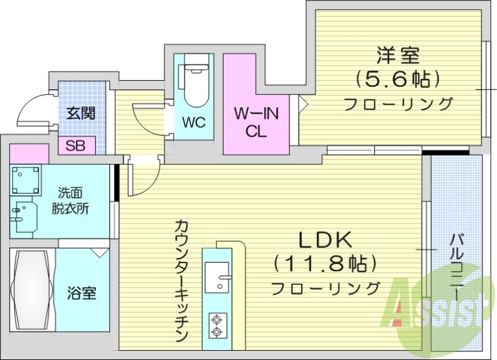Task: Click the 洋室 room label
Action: point(398,56)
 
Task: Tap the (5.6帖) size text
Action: point(398,79)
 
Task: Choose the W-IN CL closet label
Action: point(256,122)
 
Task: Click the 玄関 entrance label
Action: point(81,114)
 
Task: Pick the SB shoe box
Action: point(76,146)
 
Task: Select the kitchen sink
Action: point(217,276)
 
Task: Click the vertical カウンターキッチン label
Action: point(181,279)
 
